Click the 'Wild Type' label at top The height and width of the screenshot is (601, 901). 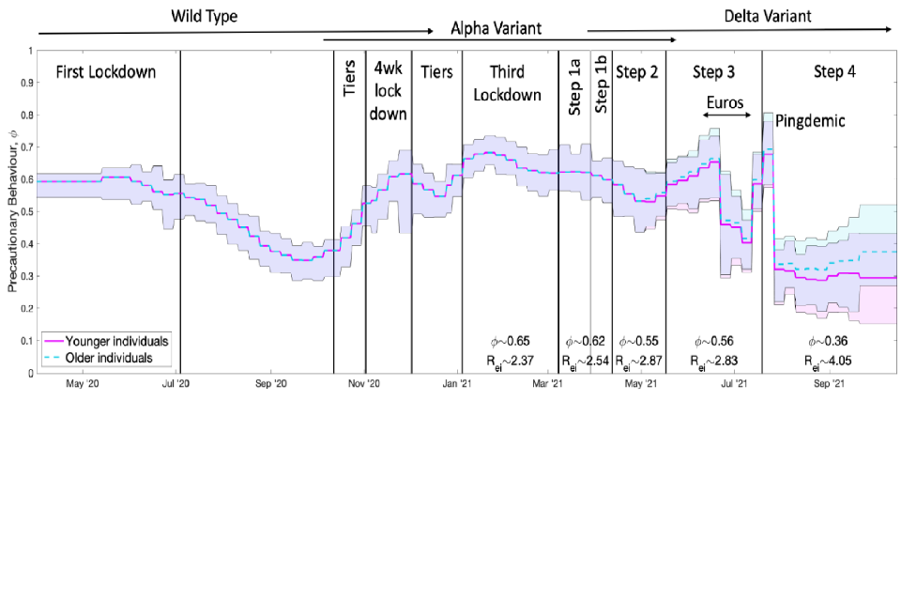click(x=203, y=16)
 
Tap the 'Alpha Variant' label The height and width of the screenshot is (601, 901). click(x=496, y=28)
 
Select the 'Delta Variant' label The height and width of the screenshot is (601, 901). click(x=768, y=16)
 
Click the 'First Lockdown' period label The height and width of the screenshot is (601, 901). click(x=106, y=72)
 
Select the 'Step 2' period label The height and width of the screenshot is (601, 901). click(x=637, y=72)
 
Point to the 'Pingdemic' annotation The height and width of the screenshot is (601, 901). click(x=811, y=121)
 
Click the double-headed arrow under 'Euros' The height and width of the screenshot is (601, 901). click(x=727, y=115)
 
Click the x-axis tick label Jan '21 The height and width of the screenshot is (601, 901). click(x=457, y=383)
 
